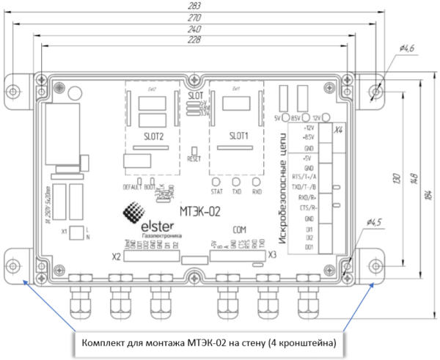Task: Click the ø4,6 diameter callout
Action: tap(408, 48)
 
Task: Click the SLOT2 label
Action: tap(150, 138)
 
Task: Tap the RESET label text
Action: tap(194, 158)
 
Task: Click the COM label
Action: tap(241, 229)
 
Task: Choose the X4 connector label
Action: tap(338, 130)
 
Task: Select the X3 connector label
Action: tap(271, 255)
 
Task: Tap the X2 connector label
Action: tap(115, 257)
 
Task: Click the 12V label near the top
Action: tap(317, 117)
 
